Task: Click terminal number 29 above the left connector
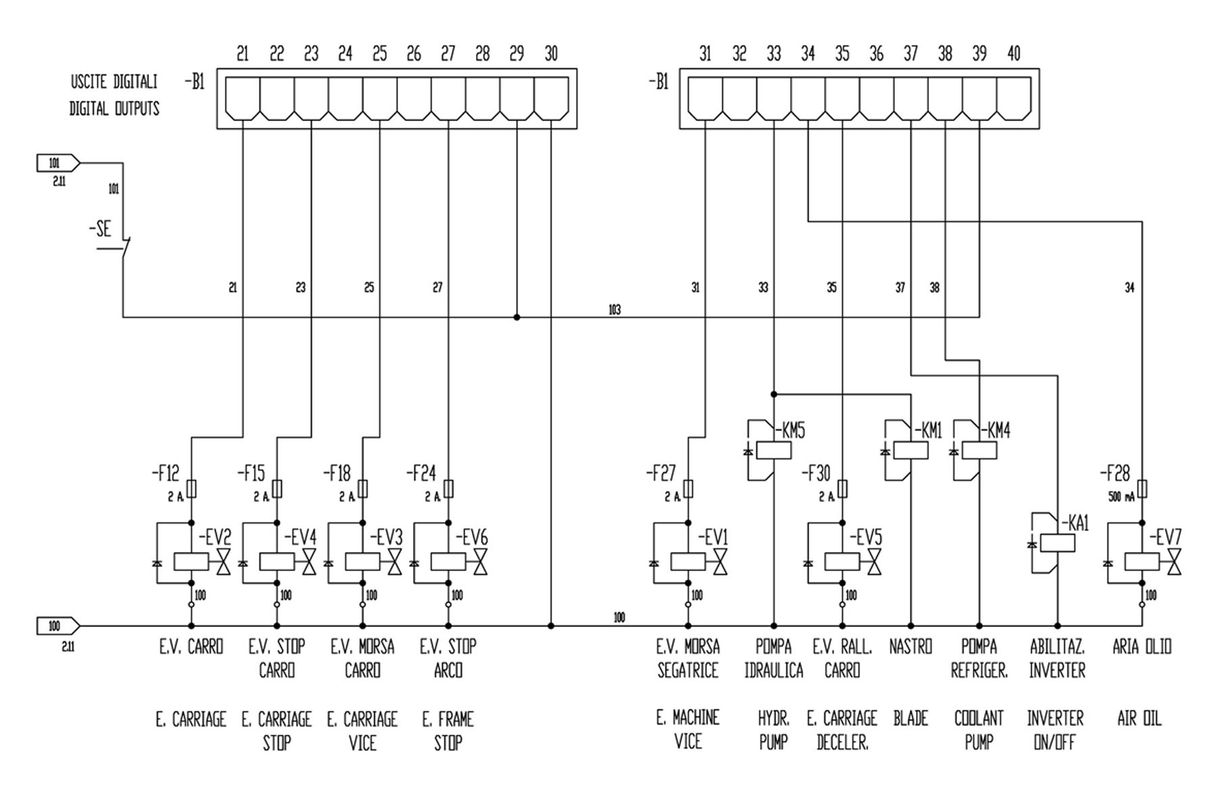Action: [x=517, y=53]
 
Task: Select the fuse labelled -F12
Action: [x=192, y=488]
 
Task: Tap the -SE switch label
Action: [x=100, y=229]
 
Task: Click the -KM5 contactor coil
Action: [x=774, y=450]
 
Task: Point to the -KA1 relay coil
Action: [x=1058, y=543]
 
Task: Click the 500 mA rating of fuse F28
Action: [x=1121, y=497]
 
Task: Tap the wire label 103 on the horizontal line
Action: [x=615, y=310]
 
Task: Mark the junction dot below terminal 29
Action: [x=517, y=317]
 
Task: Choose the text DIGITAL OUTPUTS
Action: [x=114, y=109]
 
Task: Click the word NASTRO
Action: [x=911, y=647]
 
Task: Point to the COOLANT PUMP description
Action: [x=979, y=730]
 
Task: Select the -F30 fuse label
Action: [x=816, y=473]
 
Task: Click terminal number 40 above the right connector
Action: [x=1014, y=53]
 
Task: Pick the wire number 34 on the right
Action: [x=1129, y=288]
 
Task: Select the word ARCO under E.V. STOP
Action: [x=448, y=670]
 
